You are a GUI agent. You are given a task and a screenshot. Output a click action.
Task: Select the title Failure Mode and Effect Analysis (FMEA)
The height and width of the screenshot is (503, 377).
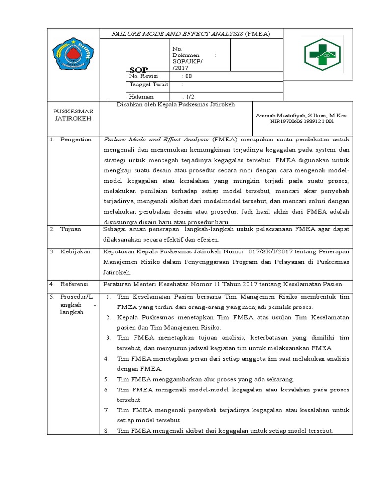(191, 34)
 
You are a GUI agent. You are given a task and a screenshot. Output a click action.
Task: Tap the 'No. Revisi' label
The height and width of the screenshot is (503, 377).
(141, 76)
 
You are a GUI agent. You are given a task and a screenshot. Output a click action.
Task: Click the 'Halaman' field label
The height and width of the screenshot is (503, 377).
(141, 97)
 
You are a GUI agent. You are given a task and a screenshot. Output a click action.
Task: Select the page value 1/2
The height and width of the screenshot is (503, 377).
(188, 97)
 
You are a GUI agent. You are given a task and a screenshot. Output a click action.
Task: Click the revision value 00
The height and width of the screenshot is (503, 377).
(188, 76)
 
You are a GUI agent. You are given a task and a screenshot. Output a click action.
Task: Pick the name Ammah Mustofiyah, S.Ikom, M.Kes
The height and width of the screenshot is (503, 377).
(301, 115)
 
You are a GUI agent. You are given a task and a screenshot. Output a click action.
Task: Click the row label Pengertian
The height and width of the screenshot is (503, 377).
(76, 140)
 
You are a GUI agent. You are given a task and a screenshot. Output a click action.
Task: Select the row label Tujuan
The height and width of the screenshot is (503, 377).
(71, 229)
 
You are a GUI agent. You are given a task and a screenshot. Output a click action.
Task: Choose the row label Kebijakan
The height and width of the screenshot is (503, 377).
(76, 251)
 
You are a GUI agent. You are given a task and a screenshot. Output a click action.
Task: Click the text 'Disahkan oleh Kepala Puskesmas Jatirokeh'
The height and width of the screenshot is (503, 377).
(175, 104)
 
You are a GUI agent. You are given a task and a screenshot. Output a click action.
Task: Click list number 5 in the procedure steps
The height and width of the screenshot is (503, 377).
(106, 379)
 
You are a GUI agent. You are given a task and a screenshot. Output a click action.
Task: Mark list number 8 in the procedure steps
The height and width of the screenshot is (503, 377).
(106, 431)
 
